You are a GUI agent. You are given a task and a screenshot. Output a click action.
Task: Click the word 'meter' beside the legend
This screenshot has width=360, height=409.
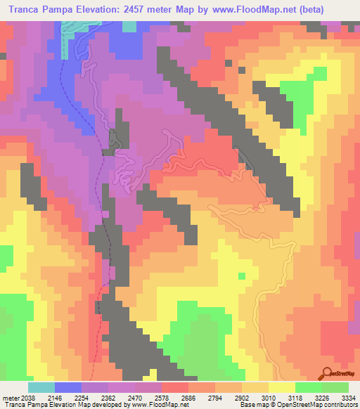click(8, 397)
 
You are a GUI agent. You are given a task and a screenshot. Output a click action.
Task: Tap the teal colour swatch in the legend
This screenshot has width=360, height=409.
click(41, 387)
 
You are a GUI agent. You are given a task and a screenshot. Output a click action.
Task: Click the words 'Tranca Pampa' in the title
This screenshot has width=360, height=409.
click(39, 10)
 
